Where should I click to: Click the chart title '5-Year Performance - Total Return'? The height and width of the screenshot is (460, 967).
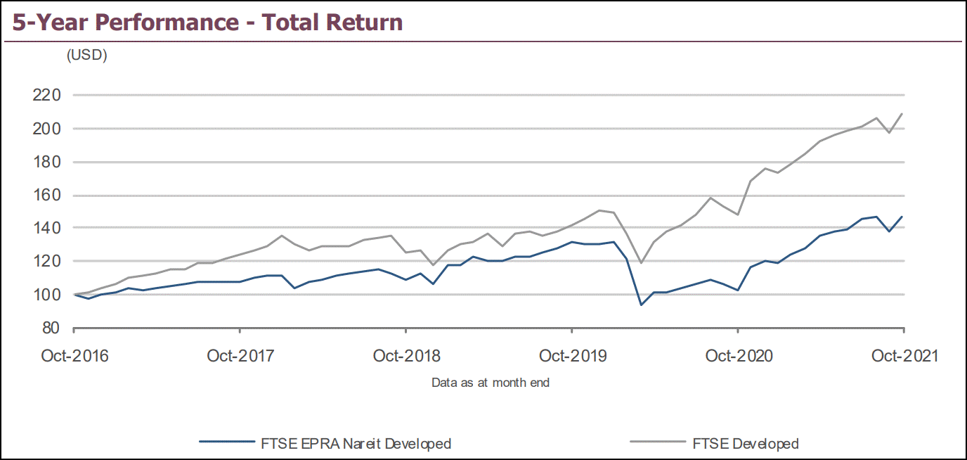pyautogui.click(x=208, y=22)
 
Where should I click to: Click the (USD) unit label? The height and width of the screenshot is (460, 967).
pyautogui.click(x=86, y=56)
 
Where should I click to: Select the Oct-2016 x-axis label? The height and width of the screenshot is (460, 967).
pyautogui.click(x=74, y=356)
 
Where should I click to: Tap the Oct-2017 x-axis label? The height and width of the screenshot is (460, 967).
pyautogui.click(x=240, y=356)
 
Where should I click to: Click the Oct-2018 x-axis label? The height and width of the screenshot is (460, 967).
pyautogui.click(x=406, y=356)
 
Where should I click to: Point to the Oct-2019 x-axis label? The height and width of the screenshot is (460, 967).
pyautogui.click(x=572, y=356)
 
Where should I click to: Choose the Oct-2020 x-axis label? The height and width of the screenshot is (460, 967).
pyautogui.click(x=738, y=356)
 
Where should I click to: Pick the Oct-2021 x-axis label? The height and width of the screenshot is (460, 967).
pyautogui.click(x=904, y=356)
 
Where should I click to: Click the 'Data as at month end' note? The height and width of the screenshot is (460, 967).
pyautogui.click(x=491, y=383)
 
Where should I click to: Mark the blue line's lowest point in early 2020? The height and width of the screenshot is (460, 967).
pyautogui.click(x=641, y=305)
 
